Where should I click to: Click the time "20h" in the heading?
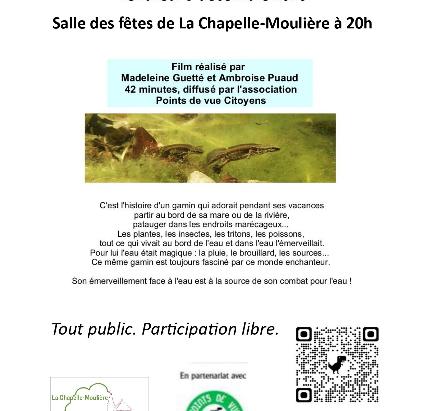pos(359,23)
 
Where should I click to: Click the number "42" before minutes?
pos(130,89)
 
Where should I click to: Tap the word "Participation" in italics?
pos(189,329)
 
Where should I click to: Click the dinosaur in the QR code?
pos(337,364)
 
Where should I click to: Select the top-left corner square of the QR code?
pos(304,335)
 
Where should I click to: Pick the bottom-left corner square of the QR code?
pos(304,395)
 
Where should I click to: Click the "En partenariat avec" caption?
pos(213,376)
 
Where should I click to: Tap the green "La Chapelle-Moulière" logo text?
pos(80,398)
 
